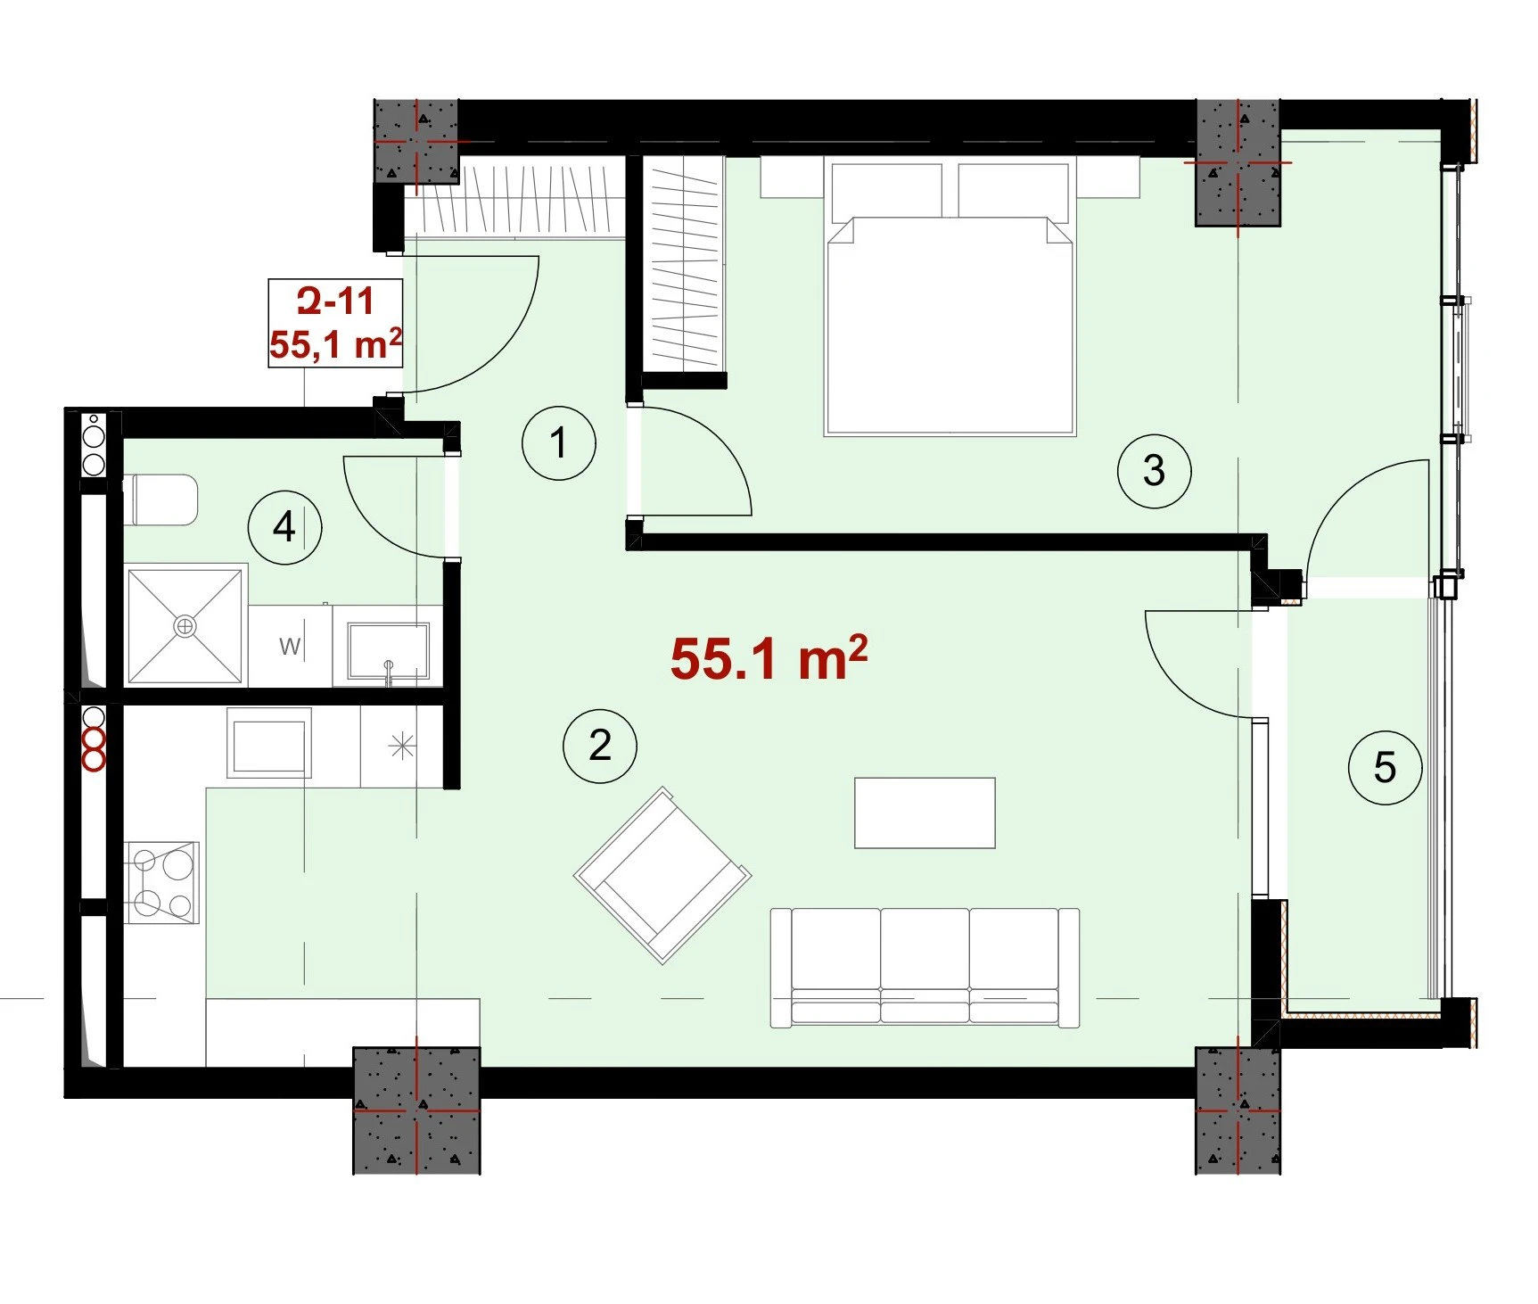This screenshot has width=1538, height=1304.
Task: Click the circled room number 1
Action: pyautogui.click(x=559, y=443)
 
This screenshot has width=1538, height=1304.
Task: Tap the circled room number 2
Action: pyautogui.click(x=600, y=746)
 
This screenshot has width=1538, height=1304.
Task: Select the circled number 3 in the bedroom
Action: pyautogui.click(x=1155, y=471)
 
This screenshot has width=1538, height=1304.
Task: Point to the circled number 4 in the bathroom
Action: pyautogui.click(x=284, y=526)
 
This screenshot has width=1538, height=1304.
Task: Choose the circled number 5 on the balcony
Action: pyautogui.click(x=1385, y=767)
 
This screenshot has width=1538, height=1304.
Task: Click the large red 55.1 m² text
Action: pyautogui.click(x=769, y=658)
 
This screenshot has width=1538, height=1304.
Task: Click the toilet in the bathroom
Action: pyautogui.click(x=164, y=499)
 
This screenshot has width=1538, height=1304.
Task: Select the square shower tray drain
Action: pyautogui.click(x=185, y=626)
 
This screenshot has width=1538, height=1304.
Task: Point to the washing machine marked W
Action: pyautogui.click(x=290, y=646)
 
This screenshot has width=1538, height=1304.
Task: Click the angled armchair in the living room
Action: pyautogui.click(x=663, y=875)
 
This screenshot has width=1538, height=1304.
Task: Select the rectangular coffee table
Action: pyautogui.click(x=925, y=813)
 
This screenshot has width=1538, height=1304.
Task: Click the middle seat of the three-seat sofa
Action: pyautogui.click(x=925, y=968)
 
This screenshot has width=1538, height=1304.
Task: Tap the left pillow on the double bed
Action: pyautogui.click(x=887, y=190)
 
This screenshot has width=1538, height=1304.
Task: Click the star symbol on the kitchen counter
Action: pyautogui.click(x=403, y=746)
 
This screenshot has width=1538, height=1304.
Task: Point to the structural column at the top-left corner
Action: pyautogui.click(x=416, y=141)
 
